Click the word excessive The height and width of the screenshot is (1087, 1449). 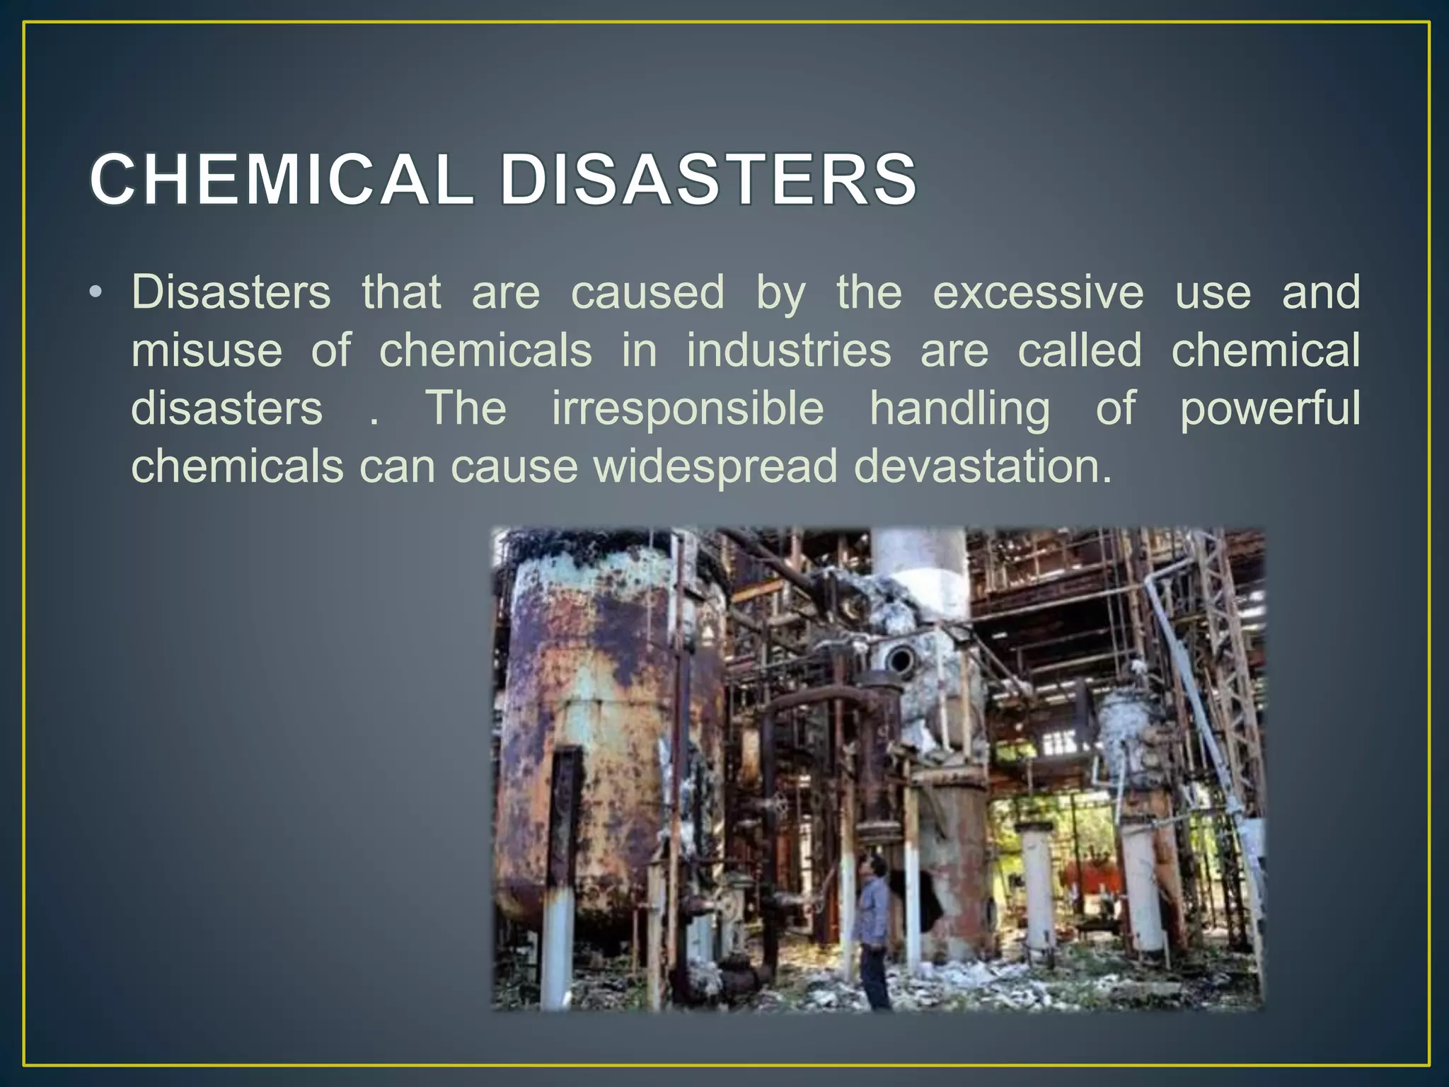click(1038, 292)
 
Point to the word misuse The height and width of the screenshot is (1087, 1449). click(207, 350)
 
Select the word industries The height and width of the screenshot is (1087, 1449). click(789, 350)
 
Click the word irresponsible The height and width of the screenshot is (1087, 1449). click(688, 408)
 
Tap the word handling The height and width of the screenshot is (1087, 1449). click(960, 410)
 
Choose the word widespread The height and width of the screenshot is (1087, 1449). click(715, 467)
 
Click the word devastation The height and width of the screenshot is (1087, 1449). click(983, 466)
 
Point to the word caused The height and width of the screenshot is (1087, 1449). click(647, 292)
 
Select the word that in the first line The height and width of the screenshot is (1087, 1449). click(401, 292)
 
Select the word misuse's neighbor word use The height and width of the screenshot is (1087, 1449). click(1213, 294)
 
